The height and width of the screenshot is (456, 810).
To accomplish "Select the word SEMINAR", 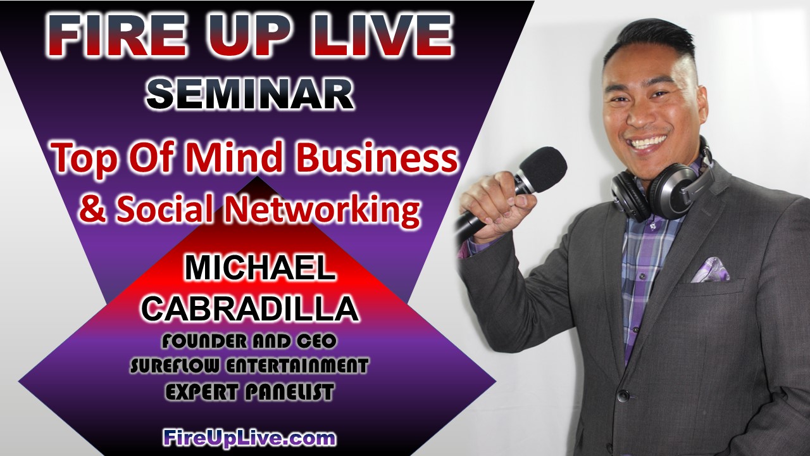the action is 250,95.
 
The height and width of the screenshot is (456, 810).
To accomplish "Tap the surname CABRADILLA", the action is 250,308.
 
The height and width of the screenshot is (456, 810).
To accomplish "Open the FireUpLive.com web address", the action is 249,439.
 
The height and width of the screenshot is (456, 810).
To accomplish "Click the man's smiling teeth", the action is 649,141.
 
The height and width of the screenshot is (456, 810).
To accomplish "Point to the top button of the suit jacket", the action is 623,395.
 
